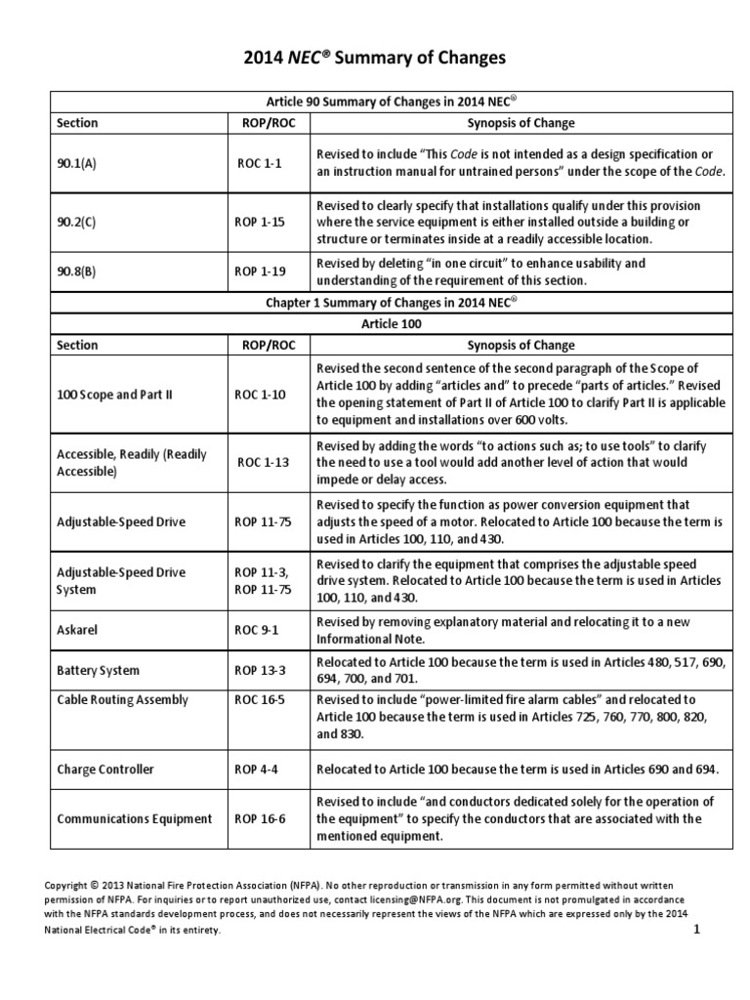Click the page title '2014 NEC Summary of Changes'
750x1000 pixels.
(375, 59)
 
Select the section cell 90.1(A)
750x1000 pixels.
(77, 164)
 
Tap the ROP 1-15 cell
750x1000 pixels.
(259, 222)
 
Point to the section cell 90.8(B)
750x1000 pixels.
(76, 271)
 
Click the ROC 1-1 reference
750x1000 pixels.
(259, 164)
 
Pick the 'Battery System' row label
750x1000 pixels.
(98, 671)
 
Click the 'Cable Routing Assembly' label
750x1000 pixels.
(122, 699)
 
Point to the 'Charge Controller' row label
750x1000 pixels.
(105, 770)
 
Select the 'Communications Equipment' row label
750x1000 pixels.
(134, 818)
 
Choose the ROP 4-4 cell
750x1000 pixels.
(255, 770)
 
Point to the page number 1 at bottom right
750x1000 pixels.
(697, 931)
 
